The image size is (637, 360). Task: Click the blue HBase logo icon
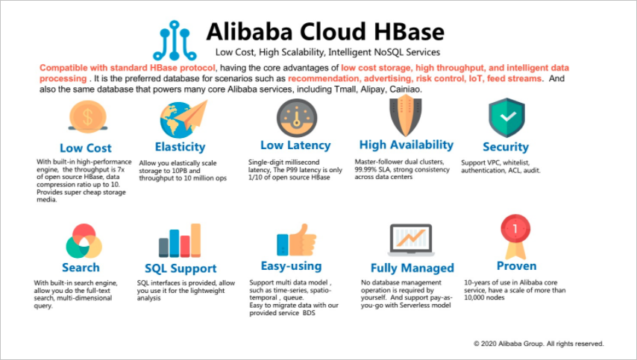(175, 40)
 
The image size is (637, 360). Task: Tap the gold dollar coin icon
(88, 116)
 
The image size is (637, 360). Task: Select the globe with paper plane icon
(183, 119)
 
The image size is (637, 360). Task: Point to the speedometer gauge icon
(297, 118)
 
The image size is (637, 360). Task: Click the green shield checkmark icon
(506, 117)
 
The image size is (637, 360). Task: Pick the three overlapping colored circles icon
(84, 241)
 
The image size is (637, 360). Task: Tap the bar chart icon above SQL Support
(180, 240)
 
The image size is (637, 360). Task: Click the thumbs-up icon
(296, 240)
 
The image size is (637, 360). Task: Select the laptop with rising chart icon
(411, 240)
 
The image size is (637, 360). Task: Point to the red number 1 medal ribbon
(515, 236)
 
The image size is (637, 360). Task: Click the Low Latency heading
(295, 145)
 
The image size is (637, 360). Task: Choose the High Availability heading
(407, 145)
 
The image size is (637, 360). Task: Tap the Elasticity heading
(180, 147)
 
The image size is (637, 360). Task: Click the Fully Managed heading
(412, 268)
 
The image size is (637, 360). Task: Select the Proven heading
(516, 266)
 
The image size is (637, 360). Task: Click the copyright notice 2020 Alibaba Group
(539, 344)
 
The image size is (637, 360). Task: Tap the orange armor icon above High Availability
(406, 117)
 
